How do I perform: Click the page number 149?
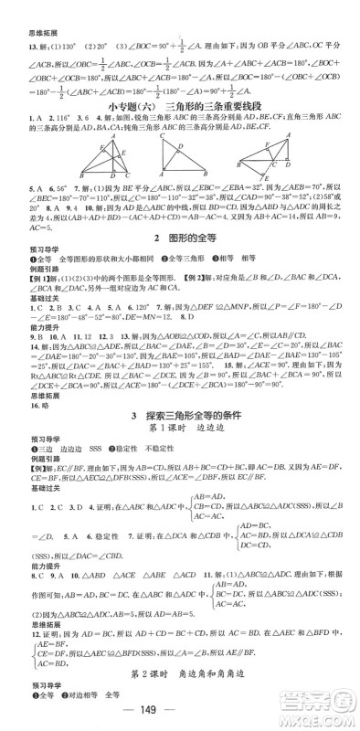[x=180, y=714]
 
